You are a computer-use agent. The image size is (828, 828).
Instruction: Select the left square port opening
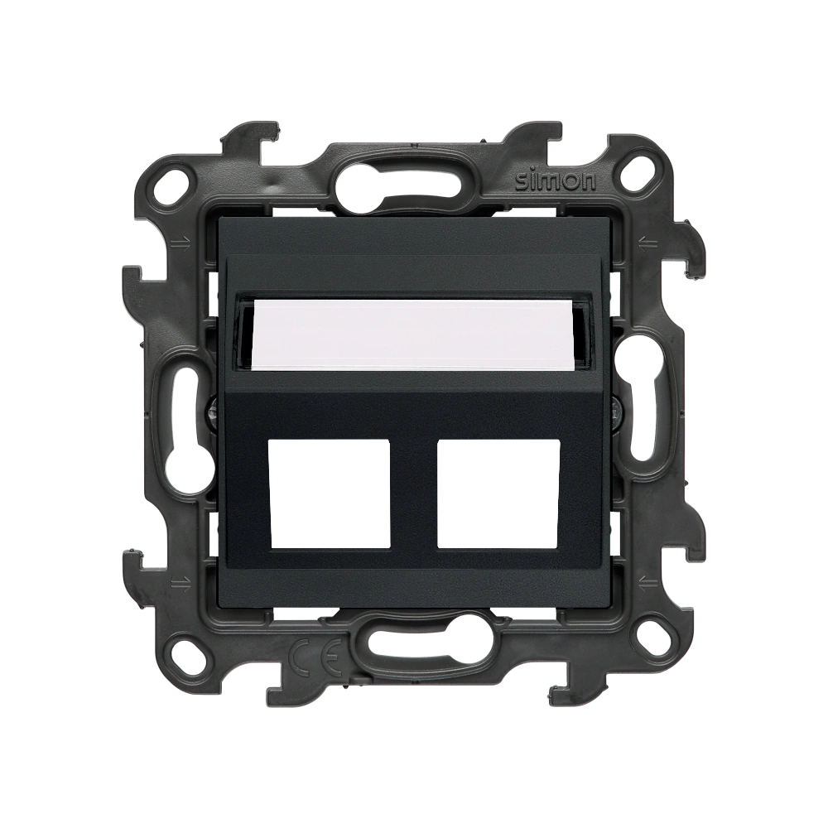(330, 493)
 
